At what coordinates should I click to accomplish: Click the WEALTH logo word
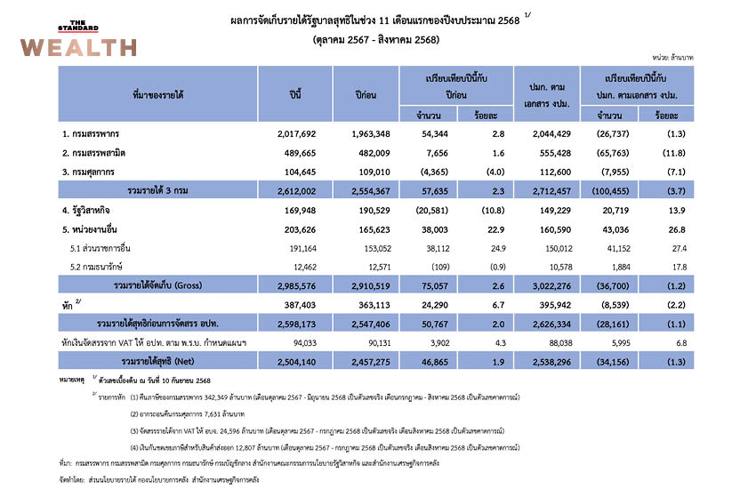click(78, 47)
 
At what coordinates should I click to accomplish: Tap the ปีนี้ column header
click(294, 95)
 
